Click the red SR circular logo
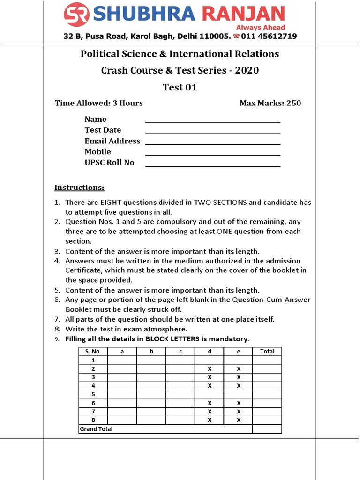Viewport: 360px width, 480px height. coord(77,15)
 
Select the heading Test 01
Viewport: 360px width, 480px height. coord(180,87)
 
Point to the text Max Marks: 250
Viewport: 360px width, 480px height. coord(270,103)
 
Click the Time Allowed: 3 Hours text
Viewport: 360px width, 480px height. coord(98,103)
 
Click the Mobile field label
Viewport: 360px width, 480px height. coord(97,151)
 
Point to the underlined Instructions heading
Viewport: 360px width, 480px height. coord(79,187)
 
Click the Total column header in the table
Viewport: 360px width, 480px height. coord(267,351)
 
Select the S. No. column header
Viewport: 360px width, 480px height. coord(93,351)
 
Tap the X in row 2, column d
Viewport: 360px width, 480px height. coord(210,369)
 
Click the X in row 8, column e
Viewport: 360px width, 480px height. coord(239,420)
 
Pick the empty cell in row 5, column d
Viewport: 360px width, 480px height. coord(210,394)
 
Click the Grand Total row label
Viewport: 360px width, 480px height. coord(96,429)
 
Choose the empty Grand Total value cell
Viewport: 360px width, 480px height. coord(267,429)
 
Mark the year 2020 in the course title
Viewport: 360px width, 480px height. coord(247,70)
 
